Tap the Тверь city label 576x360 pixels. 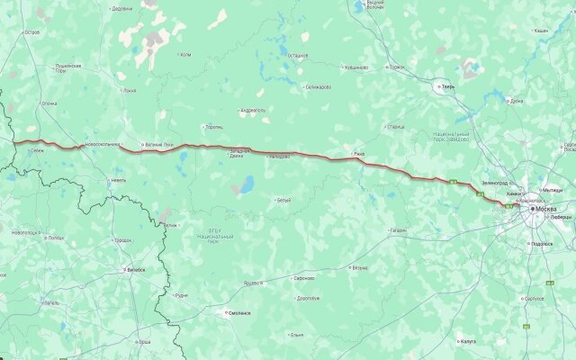point(447,86)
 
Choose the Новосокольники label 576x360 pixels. point(101,144)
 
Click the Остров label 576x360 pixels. point(32,31)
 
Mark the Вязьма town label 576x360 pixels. point(360,267)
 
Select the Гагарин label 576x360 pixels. point(398,230)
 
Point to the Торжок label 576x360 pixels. point(398,67)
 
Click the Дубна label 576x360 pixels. point(517,101)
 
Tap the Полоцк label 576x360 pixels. point(56,238)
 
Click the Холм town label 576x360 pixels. point(186,54)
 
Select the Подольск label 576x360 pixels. point(542,244)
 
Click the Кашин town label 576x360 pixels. point(541,31)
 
